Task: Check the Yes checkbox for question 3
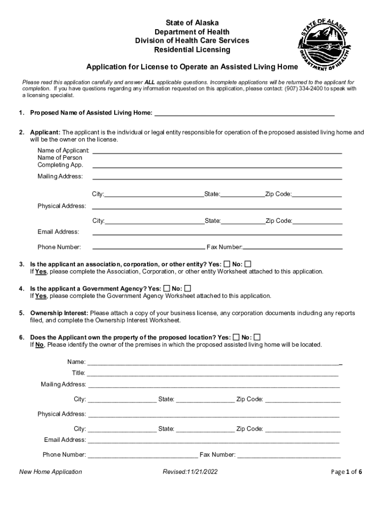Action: [x=226, y=263]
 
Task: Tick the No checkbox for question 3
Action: [x=248, y=263]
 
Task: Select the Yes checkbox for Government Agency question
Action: [x=167, y=288]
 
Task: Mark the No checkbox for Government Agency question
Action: [x=188, y=288]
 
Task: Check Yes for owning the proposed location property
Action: [x=236, y=337]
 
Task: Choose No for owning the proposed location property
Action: [x=257, y=337]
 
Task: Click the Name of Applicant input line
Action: [x=217, y=150]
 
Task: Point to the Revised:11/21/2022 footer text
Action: [x=190, y=472]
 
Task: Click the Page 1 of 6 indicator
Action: [x=347, y=472]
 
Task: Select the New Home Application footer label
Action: [x=51, y=472]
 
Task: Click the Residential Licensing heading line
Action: [x=192, y=50]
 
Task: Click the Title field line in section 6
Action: [x=213, y=373]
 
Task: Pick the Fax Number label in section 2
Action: [x=224, y=247]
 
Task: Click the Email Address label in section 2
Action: [x=58, y=232]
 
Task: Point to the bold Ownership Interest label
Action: [x=59, y=313]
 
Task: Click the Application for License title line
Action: [x=192, y=67]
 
